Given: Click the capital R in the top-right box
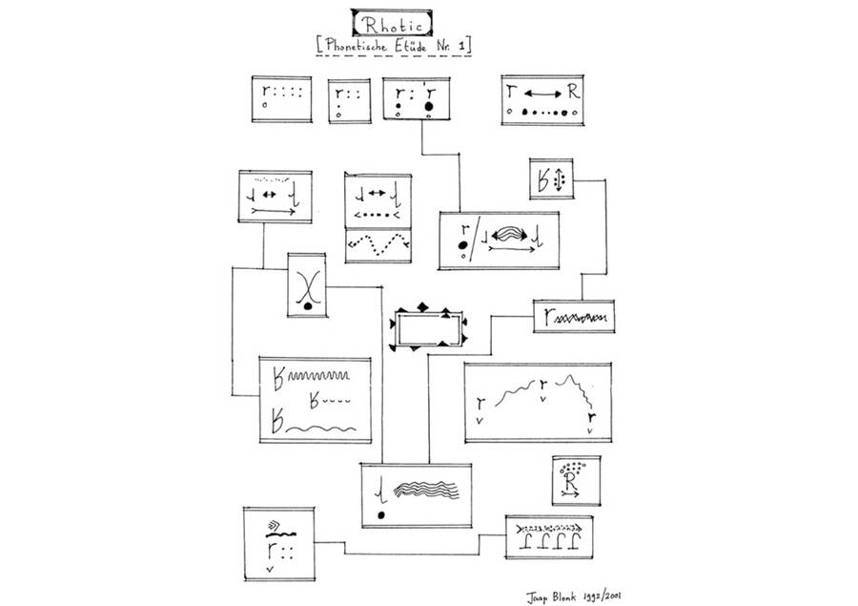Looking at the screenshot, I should (571, 94).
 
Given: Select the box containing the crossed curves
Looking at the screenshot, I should (306, 285).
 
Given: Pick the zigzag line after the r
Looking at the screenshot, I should (579, 316).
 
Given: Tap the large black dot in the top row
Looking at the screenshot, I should (430, 105).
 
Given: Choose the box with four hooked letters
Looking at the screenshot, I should (548, 537).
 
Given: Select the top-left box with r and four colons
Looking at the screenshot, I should (280, 99).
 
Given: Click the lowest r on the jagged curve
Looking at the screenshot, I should (592, 417).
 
